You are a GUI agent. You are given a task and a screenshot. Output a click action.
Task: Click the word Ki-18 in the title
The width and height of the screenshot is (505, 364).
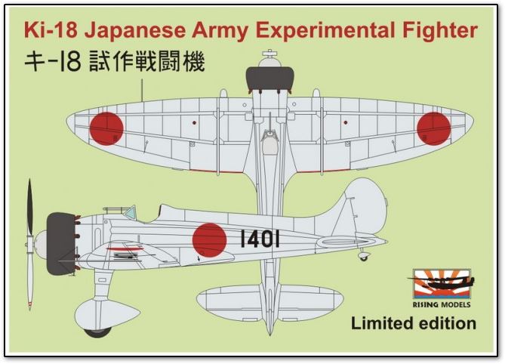point(51,31)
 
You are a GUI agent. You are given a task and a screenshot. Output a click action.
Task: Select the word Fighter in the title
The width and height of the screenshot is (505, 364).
point(439,31)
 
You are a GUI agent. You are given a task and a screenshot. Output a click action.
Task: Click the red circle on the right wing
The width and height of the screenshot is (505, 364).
point(433,128)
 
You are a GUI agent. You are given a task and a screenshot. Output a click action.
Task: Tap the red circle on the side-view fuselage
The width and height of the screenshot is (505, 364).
point(209,239)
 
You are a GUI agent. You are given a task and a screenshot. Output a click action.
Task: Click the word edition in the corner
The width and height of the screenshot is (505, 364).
point(448,323)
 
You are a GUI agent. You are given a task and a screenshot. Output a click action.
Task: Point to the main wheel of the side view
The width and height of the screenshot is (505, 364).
point(96,330)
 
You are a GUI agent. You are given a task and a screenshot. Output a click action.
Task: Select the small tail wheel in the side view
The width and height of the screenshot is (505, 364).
point(364,256)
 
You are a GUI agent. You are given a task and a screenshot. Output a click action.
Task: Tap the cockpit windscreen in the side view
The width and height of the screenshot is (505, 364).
point(129,213)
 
